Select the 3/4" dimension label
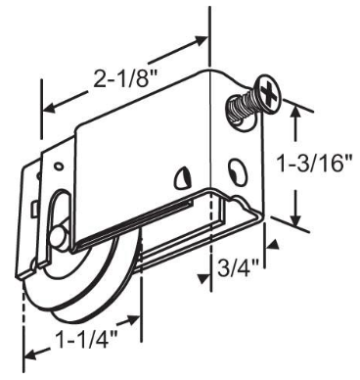pos(237,266)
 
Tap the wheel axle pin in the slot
pos(62,238)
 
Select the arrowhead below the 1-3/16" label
pos(294,221)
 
